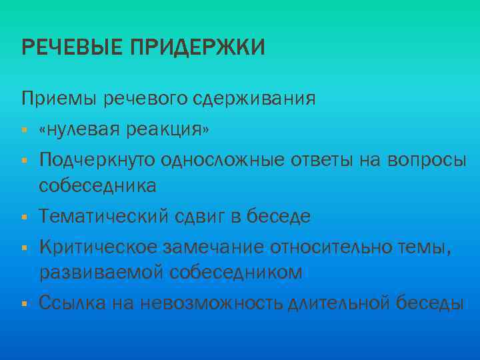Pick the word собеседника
tap(98, 186)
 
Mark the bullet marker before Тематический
tap(23, 217)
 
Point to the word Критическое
tap(98, 247)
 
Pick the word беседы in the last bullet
tap(427, 303)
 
